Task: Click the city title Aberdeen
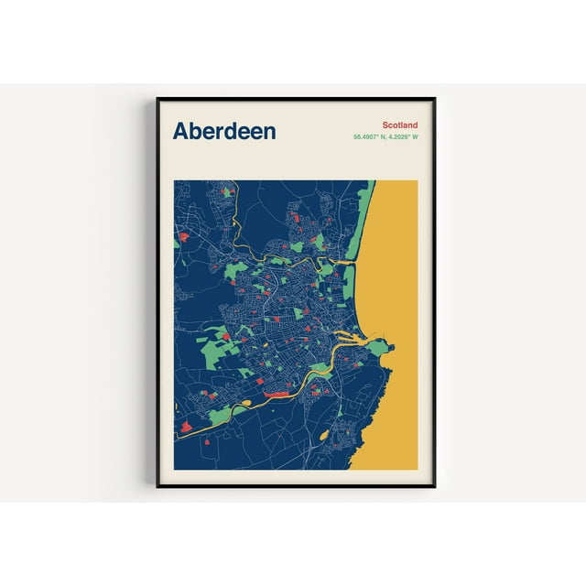[x=223, y=131]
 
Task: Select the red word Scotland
[x=400, y=125]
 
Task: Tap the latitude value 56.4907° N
[x=371, y=137]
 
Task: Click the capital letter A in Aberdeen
[x=180, y=131]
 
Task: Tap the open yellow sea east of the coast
[x=394, y=275]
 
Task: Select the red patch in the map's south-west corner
[x=186, y=426]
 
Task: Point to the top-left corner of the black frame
[x=158, y=99]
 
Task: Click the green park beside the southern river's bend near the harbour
[x=320, y=371]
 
